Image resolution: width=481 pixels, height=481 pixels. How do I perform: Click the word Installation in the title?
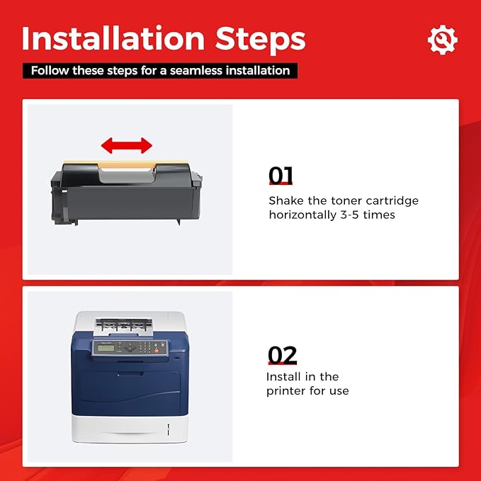113,38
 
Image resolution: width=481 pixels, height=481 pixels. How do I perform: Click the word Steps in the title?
260,40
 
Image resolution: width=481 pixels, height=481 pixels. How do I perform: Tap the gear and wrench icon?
442,40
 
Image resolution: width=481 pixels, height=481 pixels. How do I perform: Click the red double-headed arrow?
126,145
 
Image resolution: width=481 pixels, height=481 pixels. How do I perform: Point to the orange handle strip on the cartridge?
126,164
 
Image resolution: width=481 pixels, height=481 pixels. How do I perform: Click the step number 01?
281,176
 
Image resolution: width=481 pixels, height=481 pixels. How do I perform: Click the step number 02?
282,355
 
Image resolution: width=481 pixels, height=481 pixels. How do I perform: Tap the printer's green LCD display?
106,348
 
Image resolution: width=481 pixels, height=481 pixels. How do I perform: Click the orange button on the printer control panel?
157,350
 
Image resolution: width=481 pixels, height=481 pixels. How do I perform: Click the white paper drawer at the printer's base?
130,429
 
